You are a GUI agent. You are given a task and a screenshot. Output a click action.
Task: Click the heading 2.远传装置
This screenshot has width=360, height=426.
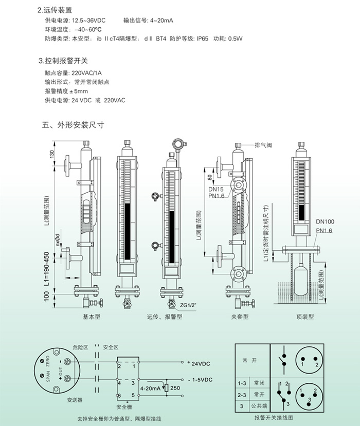click(x=58, y=10)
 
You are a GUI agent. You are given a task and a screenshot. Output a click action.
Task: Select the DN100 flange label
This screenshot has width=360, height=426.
click(x=325, y=221)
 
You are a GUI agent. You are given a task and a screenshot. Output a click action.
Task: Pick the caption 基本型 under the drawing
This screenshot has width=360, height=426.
click(x=92, y=317)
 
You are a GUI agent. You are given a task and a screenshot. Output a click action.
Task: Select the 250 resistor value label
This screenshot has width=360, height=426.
click(x=175, y=387)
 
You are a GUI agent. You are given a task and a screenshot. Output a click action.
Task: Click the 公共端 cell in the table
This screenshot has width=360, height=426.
click(x=260, y=406)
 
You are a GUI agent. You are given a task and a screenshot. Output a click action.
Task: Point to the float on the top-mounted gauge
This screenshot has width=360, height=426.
click(x=299, y=278)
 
